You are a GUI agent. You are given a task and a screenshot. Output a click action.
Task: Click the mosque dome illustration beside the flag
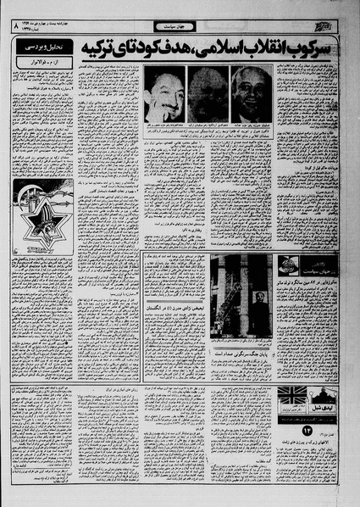click(326, 398)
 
